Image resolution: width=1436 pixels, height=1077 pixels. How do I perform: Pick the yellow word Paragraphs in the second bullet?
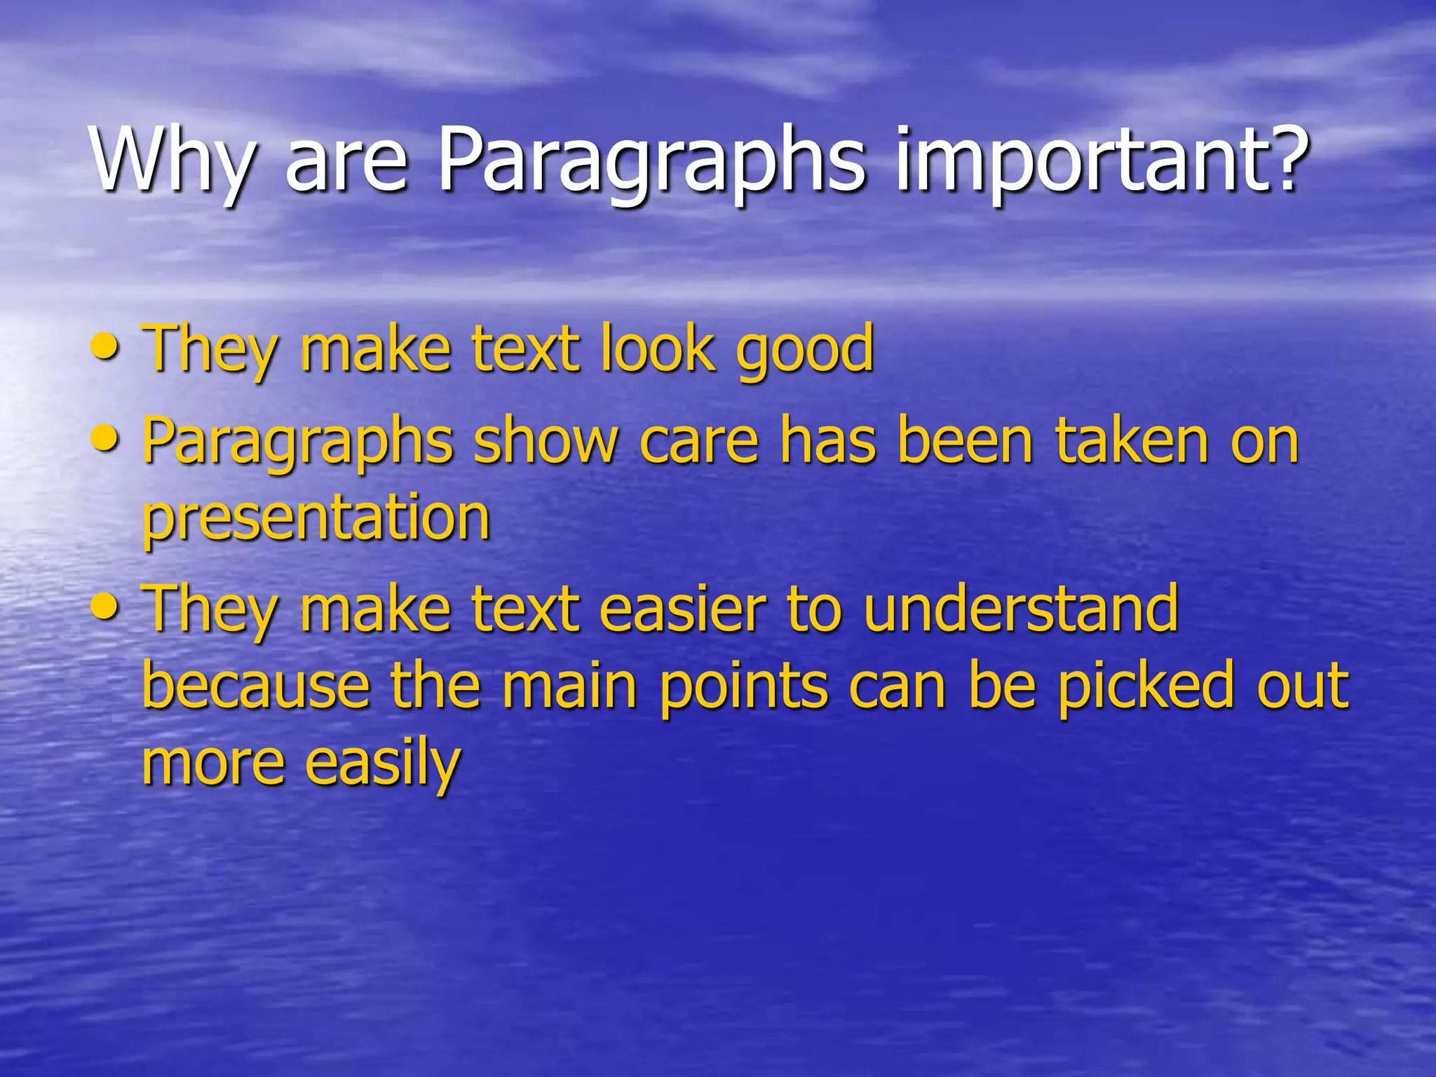pyautogui.click(x=297, y=443)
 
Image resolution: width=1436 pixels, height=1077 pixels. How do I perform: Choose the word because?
pyautogui.click(x=256, y=685)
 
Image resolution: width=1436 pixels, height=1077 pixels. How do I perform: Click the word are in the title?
pyautogui.click(x=346, y=165)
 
